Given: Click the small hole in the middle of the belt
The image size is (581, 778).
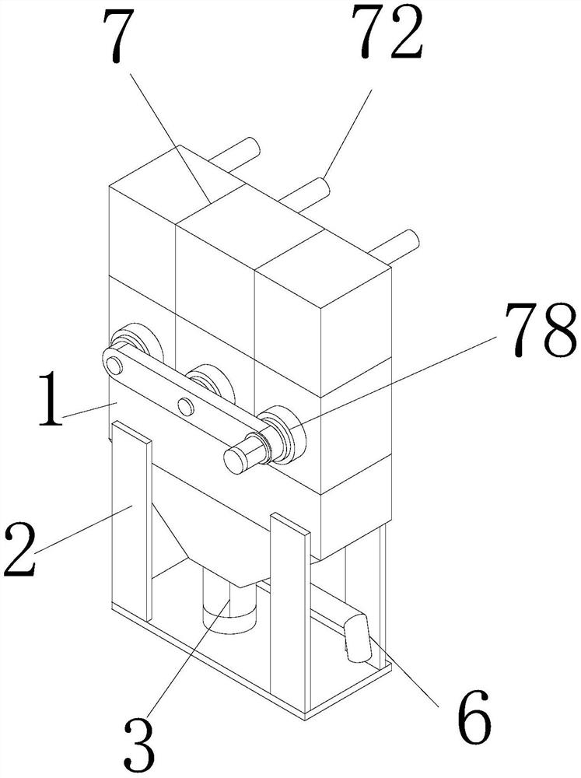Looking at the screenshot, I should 185,404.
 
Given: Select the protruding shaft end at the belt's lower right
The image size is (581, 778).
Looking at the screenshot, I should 236,458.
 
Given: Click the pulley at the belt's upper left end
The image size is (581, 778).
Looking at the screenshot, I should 115,363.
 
